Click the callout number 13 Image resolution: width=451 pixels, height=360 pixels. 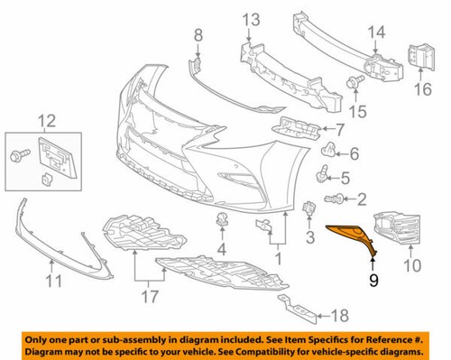tap(249, 19)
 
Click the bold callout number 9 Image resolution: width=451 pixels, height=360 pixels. tap(373, 279)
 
